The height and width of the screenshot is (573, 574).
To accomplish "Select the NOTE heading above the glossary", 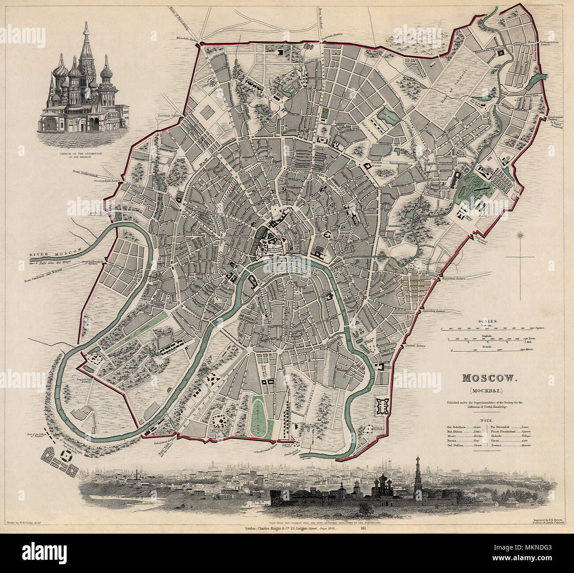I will pyautogui.click(x=488, y=422).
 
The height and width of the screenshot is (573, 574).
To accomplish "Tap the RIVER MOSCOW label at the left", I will pyautogui.click(x=57, y=253).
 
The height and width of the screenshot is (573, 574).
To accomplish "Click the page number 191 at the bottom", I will pyautogui.click(x=363, y=528).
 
